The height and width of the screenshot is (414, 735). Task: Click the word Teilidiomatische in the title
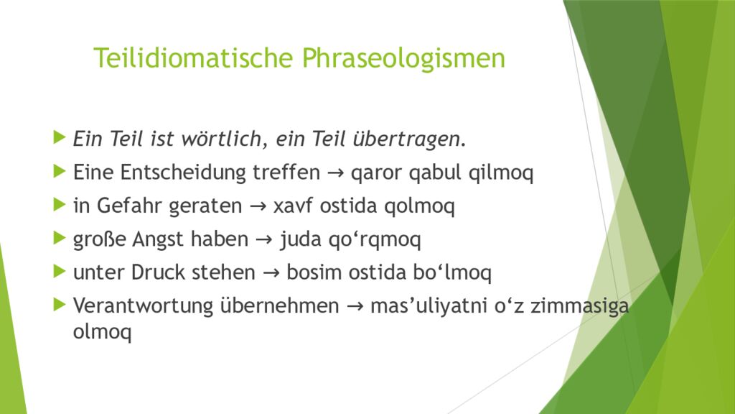pyautogui.click(x=194, y=58)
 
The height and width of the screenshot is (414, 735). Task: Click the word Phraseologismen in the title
pyautogui.click(x=403, y=58)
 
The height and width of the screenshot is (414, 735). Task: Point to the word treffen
pyautogui.click(x=286, y=172)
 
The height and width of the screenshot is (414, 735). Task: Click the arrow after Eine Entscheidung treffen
pyautogui.click(x=333, y=172)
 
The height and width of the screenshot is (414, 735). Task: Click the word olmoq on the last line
pyautogui.click(x=103, y=333)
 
